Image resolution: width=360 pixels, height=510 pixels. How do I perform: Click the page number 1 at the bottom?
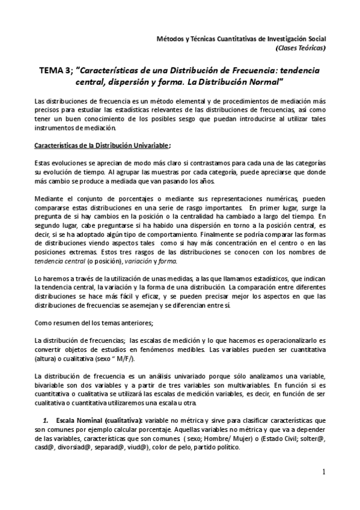tap(323, 472)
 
